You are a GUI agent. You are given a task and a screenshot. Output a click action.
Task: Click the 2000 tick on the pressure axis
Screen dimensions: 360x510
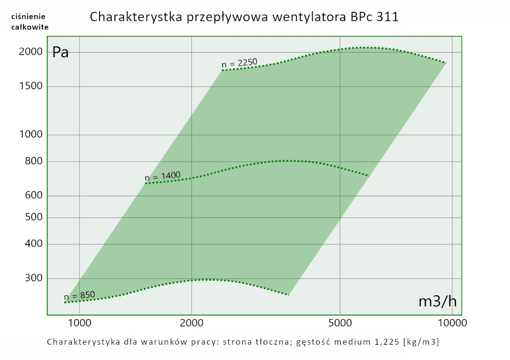(31, 52)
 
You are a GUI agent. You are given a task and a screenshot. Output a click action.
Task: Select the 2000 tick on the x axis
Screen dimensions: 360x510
(192, 322)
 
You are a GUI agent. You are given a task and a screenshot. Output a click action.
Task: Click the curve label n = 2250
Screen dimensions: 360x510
(239, 63)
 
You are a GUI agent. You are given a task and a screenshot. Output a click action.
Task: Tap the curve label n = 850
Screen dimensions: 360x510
(79, 296)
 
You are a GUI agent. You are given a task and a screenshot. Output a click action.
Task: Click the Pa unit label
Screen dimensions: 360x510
(61, 53)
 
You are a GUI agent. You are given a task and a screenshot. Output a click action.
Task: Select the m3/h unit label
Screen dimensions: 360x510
(437, 301)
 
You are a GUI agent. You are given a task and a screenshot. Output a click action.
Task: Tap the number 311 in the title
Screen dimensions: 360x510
(387, 17)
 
